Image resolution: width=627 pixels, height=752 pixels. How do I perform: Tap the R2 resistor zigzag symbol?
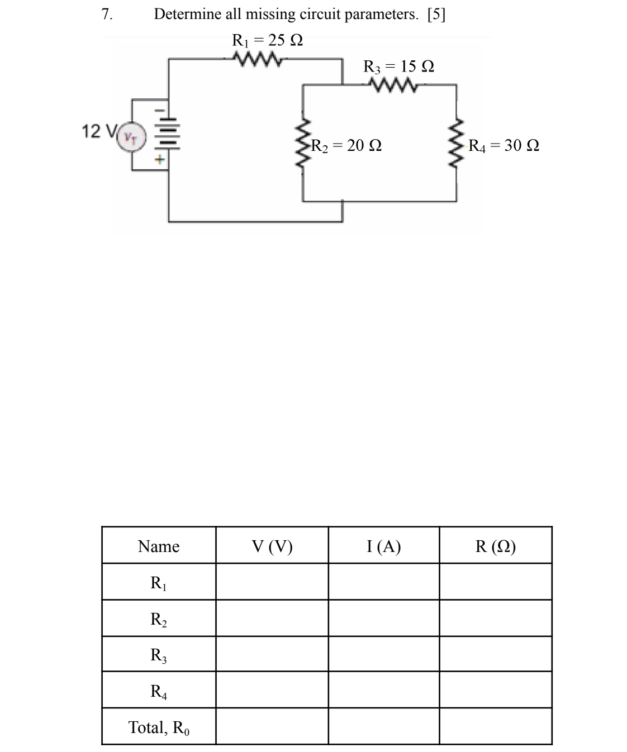[x=303, y=146]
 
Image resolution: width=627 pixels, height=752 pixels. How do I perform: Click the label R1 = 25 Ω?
[x=268, y=40]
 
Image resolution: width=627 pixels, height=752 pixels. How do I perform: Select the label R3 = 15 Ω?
[x=398, y=66]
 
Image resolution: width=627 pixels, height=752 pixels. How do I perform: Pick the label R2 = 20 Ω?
[x=347, y=146]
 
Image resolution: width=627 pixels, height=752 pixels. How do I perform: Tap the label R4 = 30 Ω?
[x=504, y=146]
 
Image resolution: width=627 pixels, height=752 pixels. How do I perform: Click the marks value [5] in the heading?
[x=436, y=15]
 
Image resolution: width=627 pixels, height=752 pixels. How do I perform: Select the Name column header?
[x=159, y=546]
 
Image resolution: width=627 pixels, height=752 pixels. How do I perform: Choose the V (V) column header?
[x=272, y=546]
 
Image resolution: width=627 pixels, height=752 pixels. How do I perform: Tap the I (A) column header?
[x=384, y=546]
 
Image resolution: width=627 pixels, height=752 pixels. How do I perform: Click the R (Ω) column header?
[x=496, y=546]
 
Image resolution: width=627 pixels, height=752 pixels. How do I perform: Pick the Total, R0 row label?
[x=159, y=727]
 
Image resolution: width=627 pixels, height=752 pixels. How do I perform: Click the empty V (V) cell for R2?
[x=272, y=618]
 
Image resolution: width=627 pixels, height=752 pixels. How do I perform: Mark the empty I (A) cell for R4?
[x=384, y=691]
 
